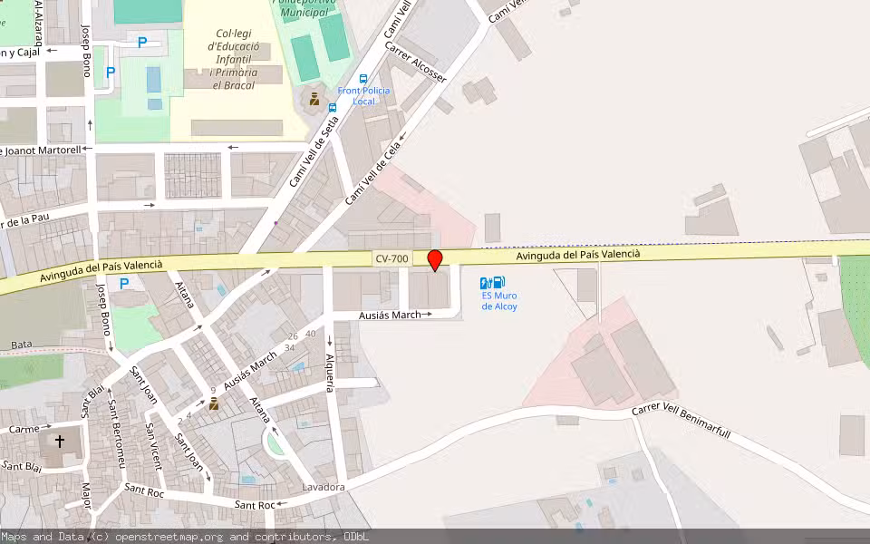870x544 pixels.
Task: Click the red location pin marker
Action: click(x=435, y=260)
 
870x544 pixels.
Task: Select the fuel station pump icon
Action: click(x=492, y=283)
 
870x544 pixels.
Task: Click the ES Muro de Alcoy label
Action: click(x=499, y=300)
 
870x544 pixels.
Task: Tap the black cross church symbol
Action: click(x=60, y=442)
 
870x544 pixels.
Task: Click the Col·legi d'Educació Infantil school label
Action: click(x=234, y=59)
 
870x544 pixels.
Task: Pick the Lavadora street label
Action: click(x=323, y=488)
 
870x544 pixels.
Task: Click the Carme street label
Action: click(x=24, y=428)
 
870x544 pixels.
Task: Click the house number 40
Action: click(x=311, y=334)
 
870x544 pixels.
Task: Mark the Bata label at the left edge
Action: click(x=22, y=345)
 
